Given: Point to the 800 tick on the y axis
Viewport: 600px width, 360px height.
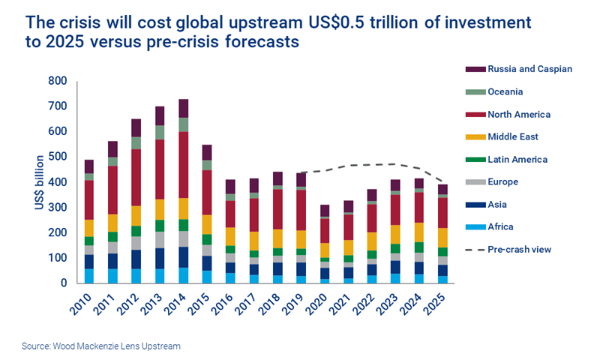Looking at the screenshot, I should click(57, 81).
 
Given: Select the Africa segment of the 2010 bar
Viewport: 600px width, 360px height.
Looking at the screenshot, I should click(89, 276).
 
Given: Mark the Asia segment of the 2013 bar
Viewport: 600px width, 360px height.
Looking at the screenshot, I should click(160, 258).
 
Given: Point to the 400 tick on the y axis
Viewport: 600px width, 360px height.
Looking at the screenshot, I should click(57, 182).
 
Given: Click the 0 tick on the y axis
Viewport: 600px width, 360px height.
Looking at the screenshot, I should click(64, 283).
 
